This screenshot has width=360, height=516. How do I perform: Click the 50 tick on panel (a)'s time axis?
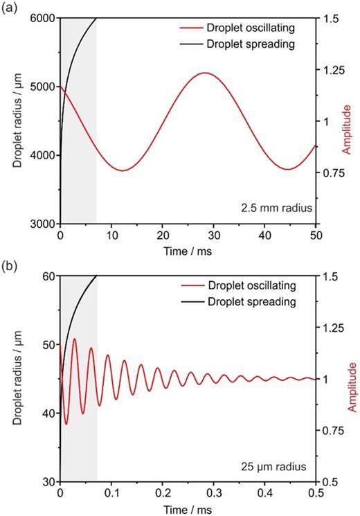tap(316, 236)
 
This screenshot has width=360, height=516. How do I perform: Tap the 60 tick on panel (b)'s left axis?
tap(48, 276)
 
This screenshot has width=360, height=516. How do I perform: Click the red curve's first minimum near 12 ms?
tap(123, 170)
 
